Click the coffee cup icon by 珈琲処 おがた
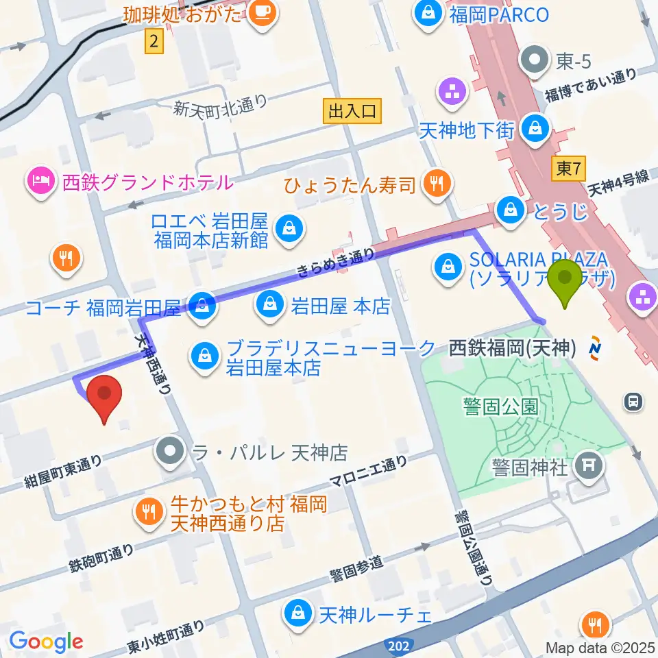[261, 14]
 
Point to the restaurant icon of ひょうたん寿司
[435, 183]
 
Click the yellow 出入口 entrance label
[352, 112]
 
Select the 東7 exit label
[568, 168]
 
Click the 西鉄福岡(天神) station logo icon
[594, 349]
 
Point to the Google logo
[46, 642]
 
